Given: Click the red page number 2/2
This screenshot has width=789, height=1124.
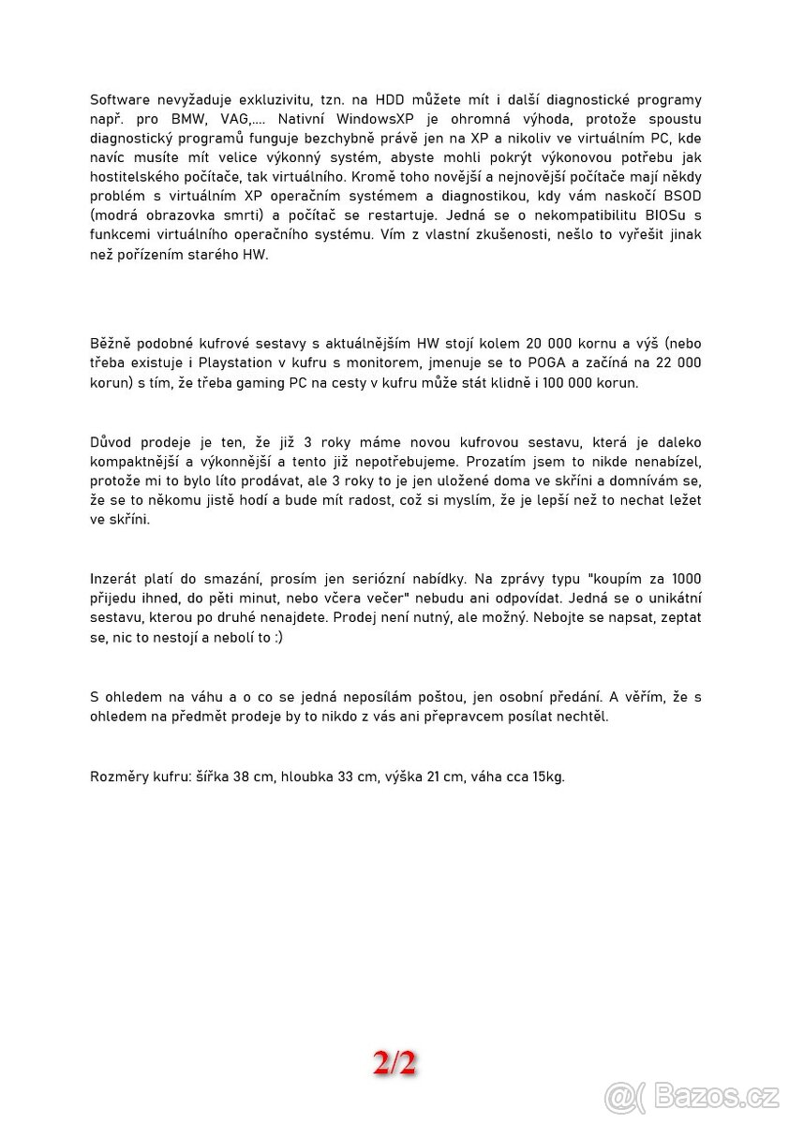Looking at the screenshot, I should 394,1063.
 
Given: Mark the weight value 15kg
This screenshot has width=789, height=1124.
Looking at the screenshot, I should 547,777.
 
